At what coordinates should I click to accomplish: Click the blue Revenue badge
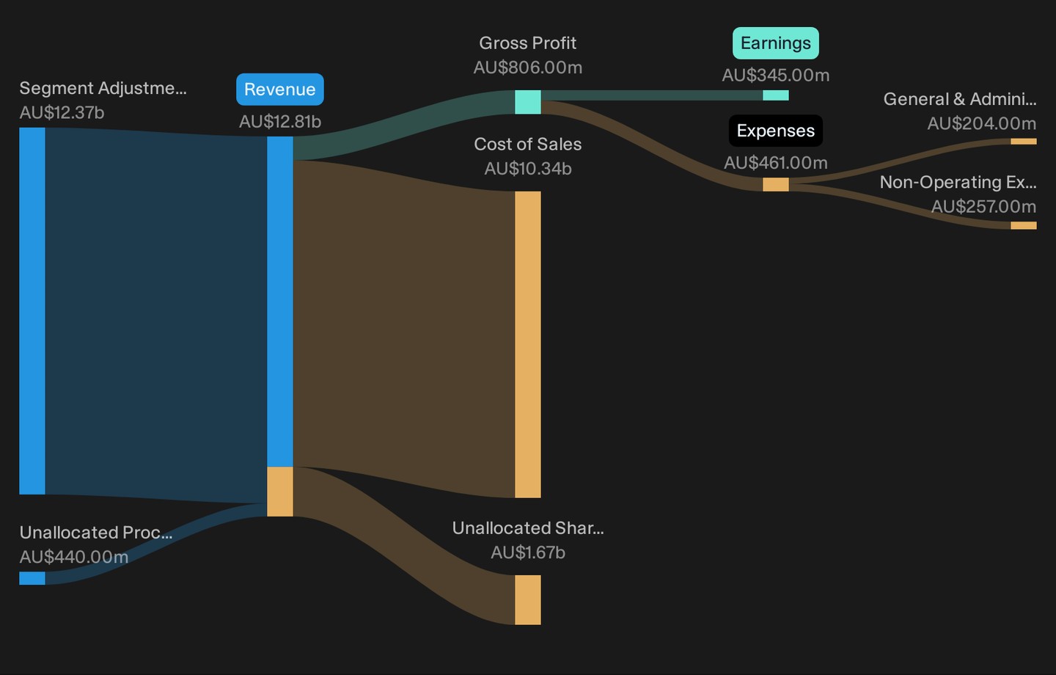(x=280, y=90)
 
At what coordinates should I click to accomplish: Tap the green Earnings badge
(x=776, y=43)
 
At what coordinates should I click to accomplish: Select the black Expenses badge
(x=776, y=131)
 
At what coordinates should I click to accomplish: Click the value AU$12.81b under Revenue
(x=280, y=122)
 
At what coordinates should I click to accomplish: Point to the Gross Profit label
(x=527, y=43)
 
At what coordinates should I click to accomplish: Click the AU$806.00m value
(x=527, y=67)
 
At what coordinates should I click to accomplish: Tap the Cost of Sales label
(x=527, y=144)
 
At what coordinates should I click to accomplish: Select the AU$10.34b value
(x=527, y=169)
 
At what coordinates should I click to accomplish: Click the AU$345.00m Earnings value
(x=776, y=75)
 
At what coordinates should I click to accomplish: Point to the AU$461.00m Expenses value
(x=776, y=163)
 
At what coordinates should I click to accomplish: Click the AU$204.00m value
(x=981, y=123)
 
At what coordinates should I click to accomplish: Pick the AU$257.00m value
(x=983, y=207)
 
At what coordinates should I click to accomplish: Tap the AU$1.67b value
(x=527, y=552)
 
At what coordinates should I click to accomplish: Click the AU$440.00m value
(x=73, y=557)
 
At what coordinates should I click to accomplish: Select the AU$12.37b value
(x=62, y=113)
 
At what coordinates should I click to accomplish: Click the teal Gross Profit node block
(x=527, y=102)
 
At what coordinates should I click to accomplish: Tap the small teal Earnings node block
(x=776, y=95)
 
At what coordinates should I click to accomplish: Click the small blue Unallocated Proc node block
(x=32, y=578)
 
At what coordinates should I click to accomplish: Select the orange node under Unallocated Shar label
(x=527, y=600)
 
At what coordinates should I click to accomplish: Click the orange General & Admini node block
(x=1024, y=142)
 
